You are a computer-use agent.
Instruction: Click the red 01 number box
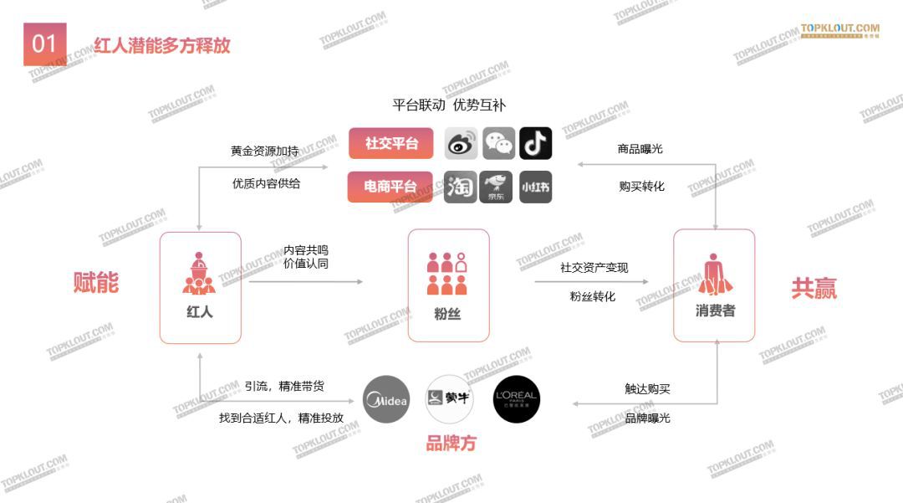click(x=44, y=44)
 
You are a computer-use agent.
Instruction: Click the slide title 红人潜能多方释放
click(x=161, y=45)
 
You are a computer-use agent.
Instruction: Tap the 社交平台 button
click(x=390, y=143)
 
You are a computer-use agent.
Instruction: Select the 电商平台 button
click(x=390, y=187)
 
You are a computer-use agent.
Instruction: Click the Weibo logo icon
click(x=461, y=144)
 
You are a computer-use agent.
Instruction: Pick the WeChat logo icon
click(x=499, y=144)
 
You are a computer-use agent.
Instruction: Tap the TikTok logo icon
click(x=535, y=143)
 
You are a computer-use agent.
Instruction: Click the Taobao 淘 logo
click(x=461, y=187)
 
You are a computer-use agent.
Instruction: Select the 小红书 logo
click(x=535, y=187)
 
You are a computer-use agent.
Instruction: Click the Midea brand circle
click(x=386, y=399)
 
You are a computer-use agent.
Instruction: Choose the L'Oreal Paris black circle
click(x=516, y=399)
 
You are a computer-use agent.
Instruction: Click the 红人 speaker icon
click(x=199, y=274)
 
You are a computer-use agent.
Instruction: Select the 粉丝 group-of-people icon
click(x=447, y=274)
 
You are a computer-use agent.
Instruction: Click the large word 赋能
click(x=96, y=283)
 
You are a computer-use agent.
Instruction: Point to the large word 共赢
click(x=814, y=289)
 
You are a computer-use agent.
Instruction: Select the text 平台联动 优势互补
click(x=449, y=105)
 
